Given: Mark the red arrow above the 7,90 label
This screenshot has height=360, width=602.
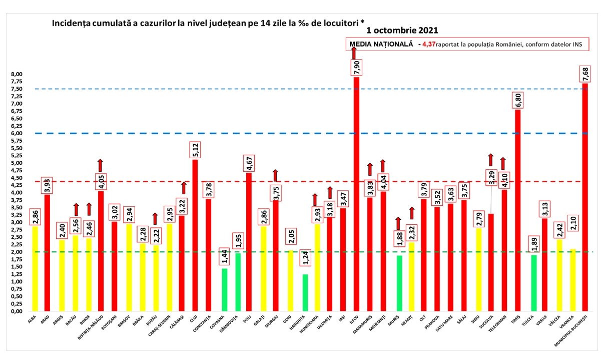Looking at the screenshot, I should tap(354, 53).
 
